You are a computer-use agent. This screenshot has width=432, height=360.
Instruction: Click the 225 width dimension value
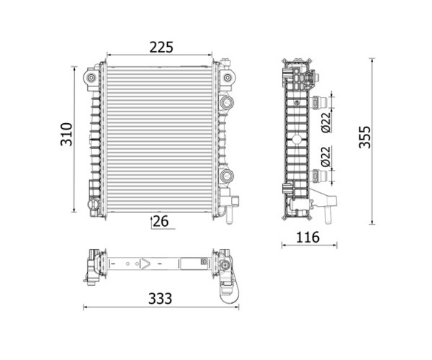[x=161, y=47]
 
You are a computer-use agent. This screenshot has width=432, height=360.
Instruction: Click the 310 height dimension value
[x=66, y=134]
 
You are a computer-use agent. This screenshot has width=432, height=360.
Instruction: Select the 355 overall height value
[x=365, y=138]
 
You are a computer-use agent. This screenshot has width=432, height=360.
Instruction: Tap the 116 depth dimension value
[x=307, y=237]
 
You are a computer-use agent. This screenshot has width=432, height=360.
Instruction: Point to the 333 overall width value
[x=160, y=299]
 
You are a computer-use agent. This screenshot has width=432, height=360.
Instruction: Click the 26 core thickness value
[x=161, y=221]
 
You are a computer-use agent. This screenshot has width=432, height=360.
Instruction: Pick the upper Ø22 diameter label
[x=325, y=122]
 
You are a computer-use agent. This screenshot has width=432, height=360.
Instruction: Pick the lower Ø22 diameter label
[x=325, y=156]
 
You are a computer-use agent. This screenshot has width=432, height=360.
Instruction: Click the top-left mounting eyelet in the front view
[x=91, y=78]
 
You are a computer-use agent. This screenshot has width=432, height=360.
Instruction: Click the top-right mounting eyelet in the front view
[x=228, y=78]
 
